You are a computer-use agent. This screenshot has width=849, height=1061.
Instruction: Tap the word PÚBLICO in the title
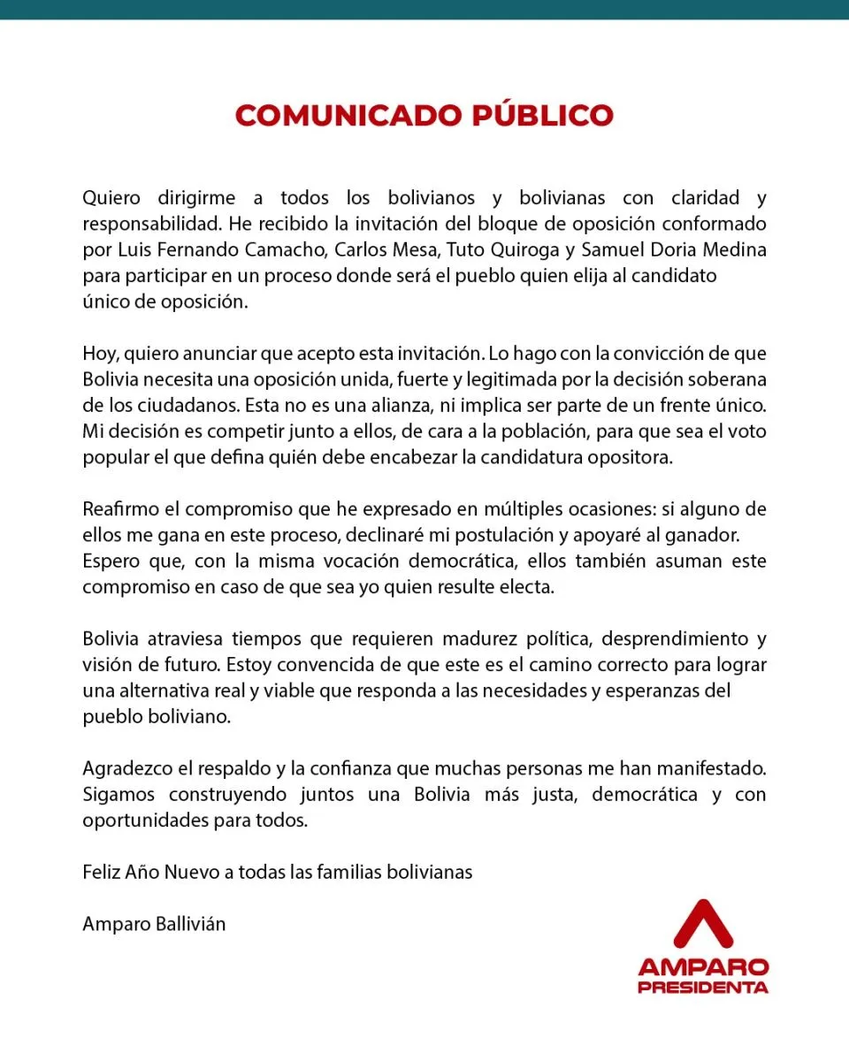[x=542, y=116]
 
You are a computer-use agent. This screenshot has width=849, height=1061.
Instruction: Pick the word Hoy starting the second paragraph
[x=99, y=354]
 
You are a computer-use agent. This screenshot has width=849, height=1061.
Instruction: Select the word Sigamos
[x=118, y=794]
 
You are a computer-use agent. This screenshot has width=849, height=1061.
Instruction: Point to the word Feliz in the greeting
[x=101, y=872]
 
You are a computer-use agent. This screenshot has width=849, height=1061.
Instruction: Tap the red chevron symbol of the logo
[x=702, y=923]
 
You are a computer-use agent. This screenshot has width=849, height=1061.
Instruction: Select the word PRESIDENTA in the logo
[x=702, y=986]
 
